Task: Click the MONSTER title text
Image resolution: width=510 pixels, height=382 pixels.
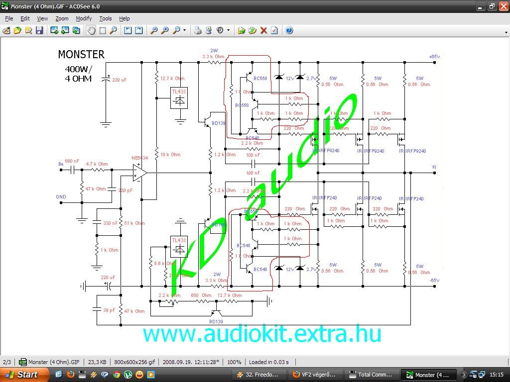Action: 81,55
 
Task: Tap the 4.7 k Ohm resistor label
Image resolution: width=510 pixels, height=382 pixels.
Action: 97,164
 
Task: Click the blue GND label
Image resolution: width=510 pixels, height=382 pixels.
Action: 61,197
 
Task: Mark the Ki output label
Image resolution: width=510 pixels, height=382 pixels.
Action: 434,167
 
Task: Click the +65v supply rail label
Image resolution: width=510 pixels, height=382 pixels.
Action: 434,57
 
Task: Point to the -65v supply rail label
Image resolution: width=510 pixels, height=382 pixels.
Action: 434,281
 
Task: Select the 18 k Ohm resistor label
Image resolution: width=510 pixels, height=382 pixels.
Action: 170,155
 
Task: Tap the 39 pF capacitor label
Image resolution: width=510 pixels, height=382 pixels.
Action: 109,310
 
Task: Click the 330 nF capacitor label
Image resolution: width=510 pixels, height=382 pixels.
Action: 110,223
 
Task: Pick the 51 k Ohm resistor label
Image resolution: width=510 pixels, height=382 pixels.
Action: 134,223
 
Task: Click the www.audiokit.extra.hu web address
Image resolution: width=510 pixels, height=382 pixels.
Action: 262,333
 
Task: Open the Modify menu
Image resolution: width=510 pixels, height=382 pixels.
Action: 84,18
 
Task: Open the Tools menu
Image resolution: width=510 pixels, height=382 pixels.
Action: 106,18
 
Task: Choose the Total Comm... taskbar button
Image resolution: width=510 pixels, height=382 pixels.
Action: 372,375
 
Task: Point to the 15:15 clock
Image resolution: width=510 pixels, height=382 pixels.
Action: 496,375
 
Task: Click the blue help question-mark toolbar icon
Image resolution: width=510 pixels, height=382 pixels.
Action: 289,30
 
